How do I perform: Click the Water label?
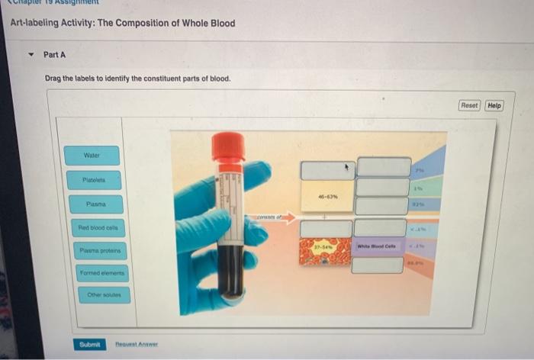[x=92, y=156]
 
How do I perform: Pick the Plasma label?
[x=95, y=204]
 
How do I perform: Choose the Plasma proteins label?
[x=99, y=250]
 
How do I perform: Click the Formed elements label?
[x=102, y=272]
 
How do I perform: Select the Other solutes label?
[x=104, y=294]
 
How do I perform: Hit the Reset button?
[x=469, y=105]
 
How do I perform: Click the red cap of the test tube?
[x=228, y=146]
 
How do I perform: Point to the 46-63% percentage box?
[x=327, y=196]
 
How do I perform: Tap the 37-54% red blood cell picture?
[x=326, y=251]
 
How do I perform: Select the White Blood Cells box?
[x=381, y=246]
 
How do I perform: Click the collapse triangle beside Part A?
[x=30, y=55]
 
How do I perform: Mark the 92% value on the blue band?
[x=418, y=204]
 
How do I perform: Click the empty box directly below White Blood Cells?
[x=381, y=265]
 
